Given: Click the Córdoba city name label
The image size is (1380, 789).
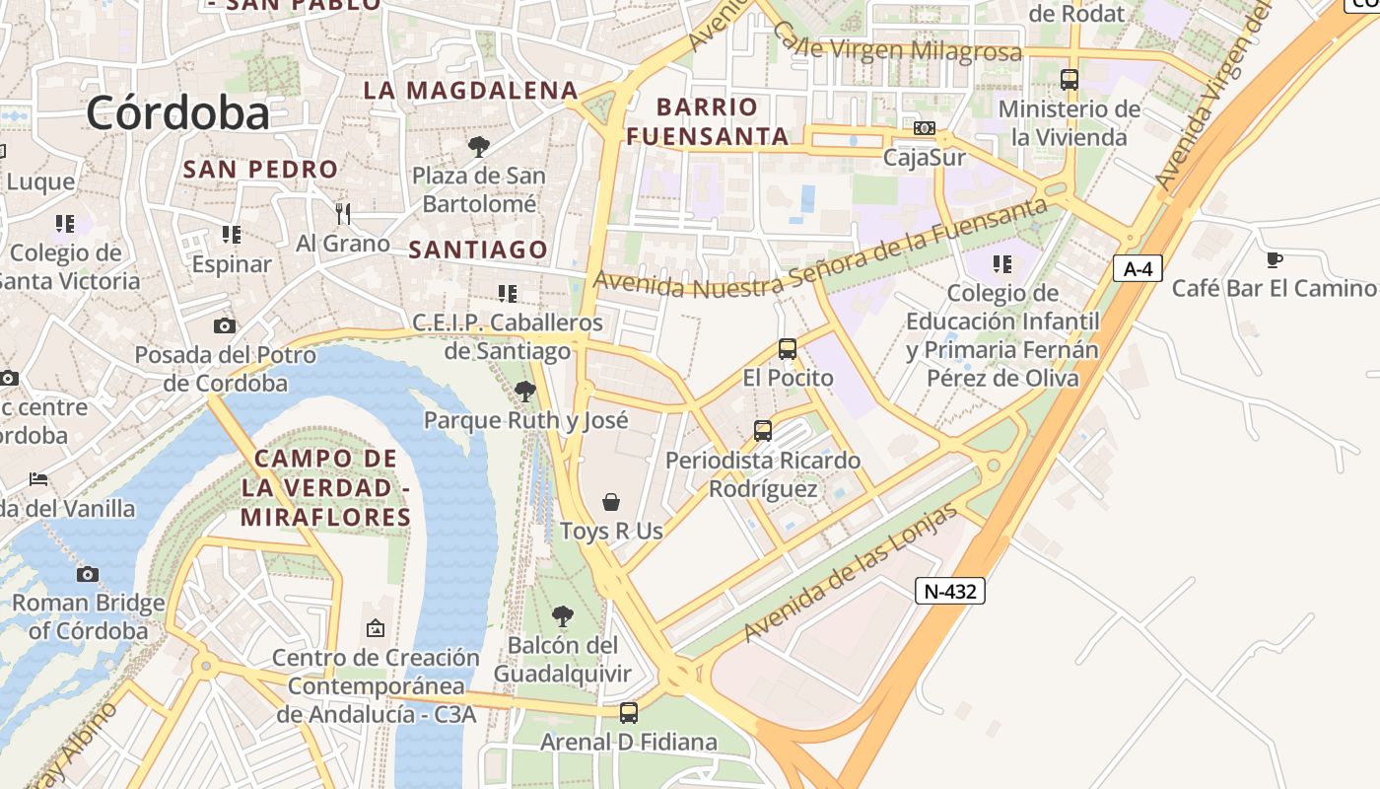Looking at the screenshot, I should pos(177,112).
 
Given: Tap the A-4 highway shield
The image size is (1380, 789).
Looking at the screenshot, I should pos(1137,268).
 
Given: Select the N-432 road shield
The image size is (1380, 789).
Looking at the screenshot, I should pos(950,591).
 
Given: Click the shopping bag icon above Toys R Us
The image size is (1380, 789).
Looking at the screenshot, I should pos(611,503).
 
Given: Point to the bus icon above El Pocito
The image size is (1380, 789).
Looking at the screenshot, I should pos(787,349).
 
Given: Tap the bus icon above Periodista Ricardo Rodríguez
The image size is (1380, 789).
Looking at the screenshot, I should pos(763,431).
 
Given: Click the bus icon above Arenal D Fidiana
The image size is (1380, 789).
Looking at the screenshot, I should pos(628,712).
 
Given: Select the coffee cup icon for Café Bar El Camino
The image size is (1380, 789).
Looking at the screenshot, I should pos(1274,260).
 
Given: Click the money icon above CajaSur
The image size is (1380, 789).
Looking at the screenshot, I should pos(924,128).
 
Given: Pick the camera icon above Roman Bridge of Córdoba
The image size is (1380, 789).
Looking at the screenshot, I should pos(88,574).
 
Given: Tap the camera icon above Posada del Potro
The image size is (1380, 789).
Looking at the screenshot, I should pos(225,325).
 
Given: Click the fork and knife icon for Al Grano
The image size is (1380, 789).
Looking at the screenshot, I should pos(342,213).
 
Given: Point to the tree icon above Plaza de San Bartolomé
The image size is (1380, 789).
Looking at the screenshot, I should pos(479,147).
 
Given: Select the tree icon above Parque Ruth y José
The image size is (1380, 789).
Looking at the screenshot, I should pos(525,392).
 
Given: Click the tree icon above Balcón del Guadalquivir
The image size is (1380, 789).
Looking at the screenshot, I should pos(562,616).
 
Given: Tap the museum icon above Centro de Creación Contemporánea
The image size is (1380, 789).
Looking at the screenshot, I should pos(376,628).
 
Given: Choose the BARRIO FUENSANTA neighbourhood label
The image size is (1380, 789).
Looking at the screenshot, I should pos(708,121).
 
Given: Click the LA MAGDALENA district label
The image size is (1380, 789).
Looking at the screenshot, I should pos(470,90).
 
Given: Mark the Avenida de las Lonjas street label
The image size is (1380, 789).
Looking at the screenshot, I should pos(851,573).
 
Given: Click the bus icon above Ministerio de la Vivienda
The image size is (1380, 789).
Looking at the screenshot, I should pos(1069,80).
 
